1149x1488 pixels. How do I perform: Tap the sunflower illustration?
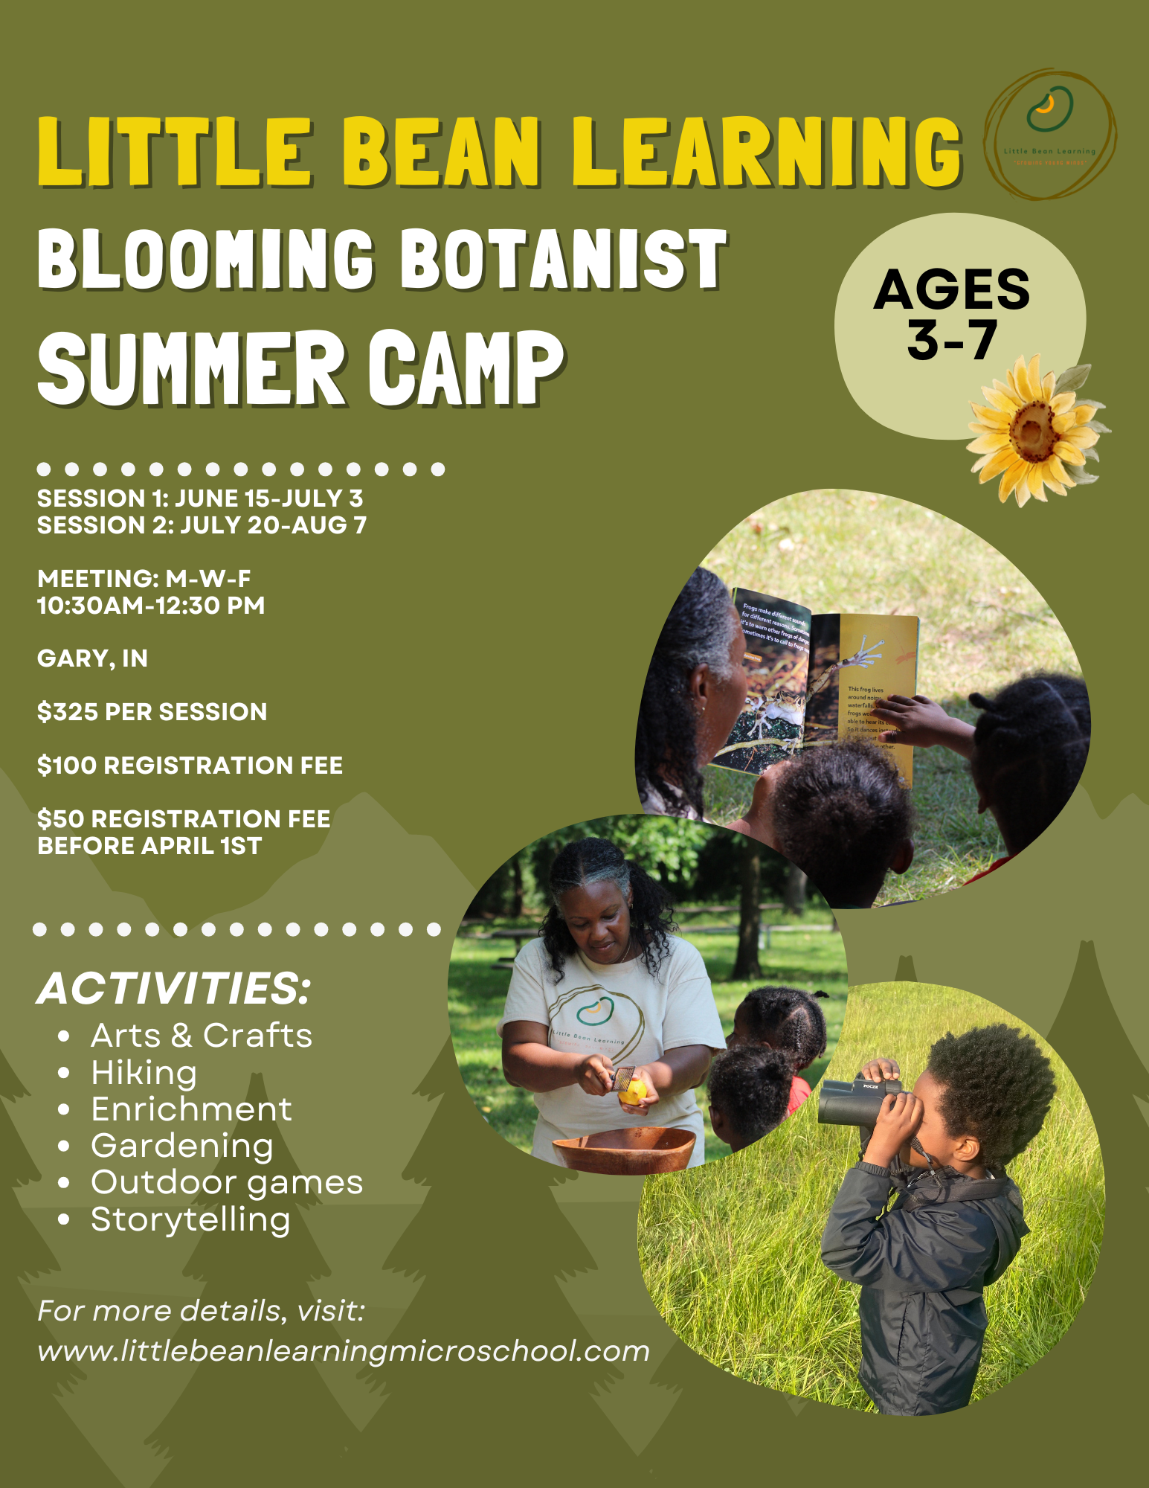tap(1032, 429)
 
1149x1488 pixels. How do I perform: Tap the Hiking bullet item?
tap(144, 1073)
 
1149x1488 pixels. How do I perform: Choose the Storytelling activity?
tap(190, 1219)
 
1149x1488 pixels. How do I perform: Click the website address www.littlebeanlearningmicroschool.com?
tap(344, 1351)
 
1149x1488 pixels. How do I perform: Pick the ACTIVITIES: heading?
tap(174, 989)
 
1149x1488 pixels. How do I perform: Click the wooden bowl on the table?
tap(623, 1148)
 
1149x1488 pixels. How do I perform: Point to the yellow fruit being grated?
tap(634, 1091)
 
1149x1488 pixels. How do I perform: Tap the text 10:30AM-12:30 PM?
tap(151, 606)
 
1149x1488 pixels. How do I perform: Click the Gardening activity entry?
tap(181, 1146)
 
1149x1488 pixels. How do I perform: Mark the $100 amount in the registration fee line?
tap(68, 766)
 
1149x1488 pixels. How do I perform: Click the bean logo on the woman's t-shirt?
tap(593, 1009)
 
